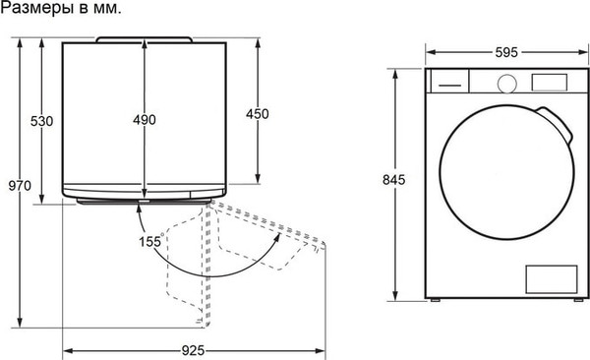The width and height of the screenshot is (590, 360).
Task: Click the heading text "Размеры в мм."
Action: coord(62,10)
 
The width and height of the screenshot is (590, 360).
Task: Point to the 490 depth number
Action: coord(145,120)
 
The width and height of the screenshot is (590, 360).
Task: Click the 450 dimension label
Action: coord(257,114)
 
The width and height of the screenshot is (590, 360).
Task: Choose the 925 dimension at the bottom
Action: coord(194,350)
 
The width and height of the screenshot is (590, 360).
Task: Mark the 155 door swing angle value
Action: coord(150,242)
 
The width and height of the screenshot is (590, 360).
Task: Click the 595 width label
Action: coord(506,51)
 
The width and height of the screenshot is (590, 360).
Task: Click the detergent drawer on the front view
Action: coord(449,84)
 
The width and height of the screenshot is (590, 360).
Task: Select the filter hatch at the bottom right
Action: coord(550,277)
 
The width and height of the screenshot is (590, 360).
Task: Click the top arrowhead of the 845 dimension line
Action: coord(394,72)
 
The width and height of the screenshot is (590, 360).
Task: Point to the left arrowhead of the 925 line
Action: coord(67,350)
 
